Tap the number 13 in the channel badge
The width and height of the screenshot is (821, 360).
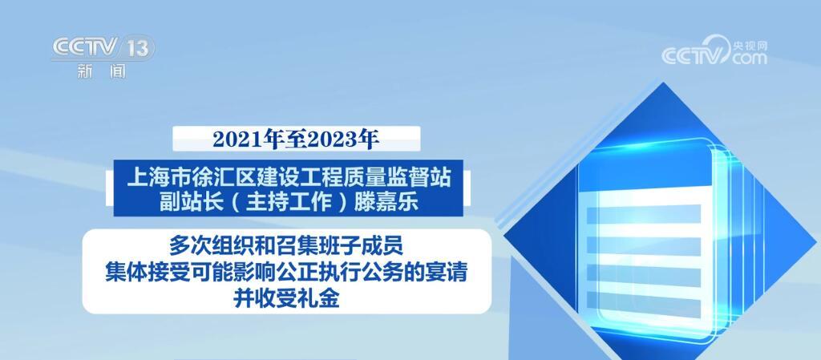click(x=137, y=48)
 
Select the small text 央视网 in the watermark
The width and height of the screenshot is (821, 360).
click(x=750, y=44)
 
